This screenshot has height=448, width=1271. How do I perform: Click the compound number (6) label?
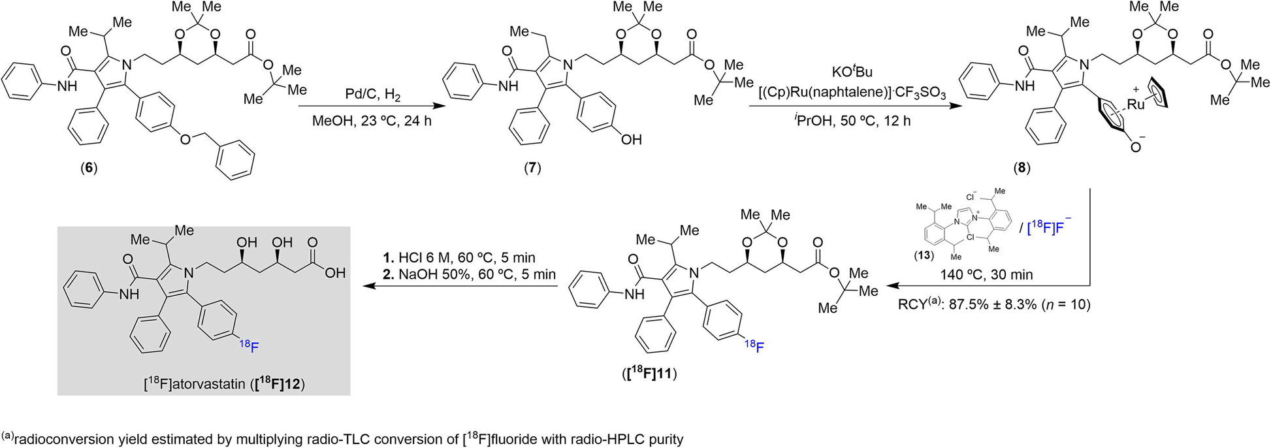[x=88, y=168]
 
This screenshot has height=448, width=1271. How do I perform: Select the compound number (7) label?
[x=532, y=168]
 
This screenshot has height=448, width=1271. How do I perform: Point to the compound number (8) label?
[x=1022, y=168]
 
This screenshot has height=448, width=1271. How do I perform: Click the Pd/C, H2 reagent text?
[x=373, y=96]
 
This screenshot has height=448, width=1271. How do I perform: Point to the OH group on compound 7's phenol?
[x=631, y=140]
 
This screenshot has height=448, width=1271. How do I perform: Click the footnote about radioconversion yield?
[x=342, y=439]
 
